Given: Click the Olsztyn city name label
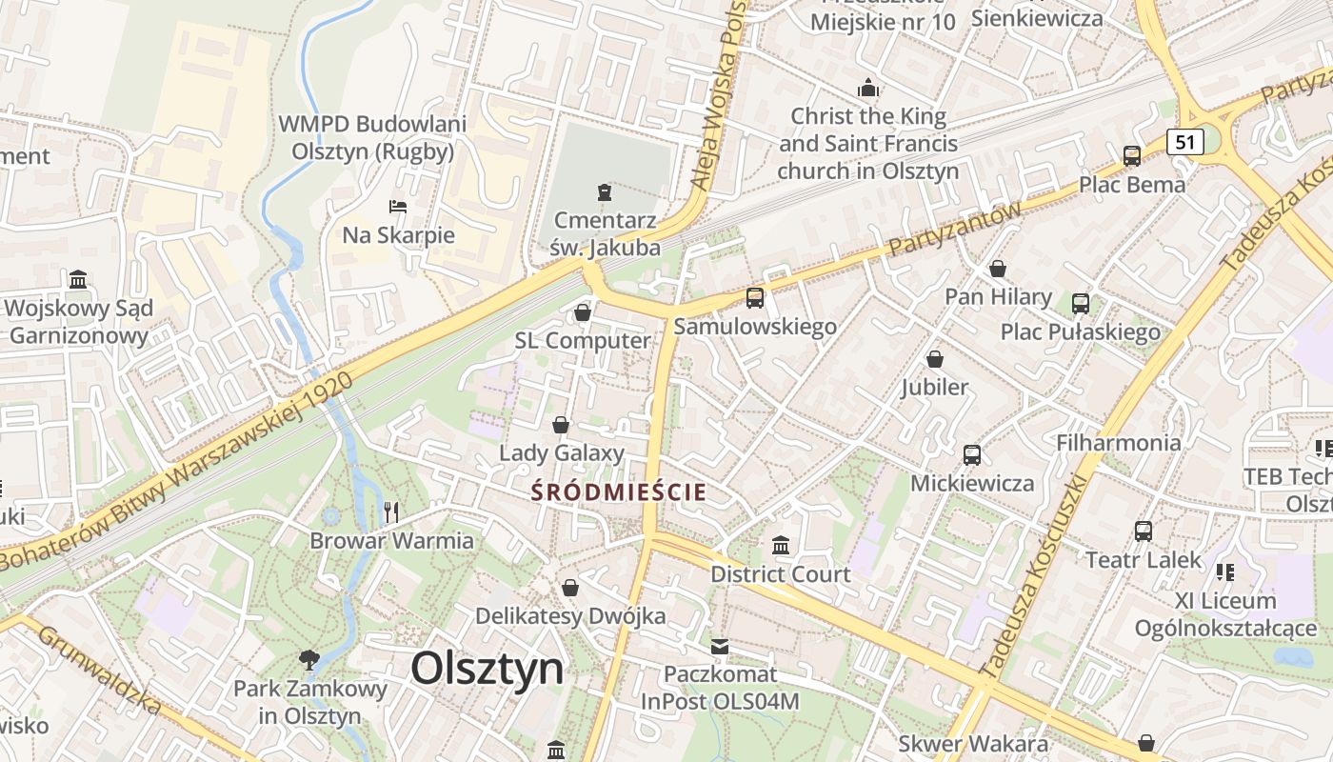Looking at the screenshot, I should coord(487,669).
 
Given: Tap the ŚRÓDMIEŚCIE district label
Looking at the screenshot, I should coord(619,492).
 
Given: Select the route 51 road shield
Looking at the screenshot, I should coord(1184,142).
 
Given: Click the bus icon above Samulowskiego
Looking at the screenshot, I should coord(755,298).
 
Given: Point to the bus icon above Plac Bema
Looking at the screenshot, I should coord(1132,156).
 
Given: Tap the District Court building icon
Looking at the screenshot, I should coord(781,546).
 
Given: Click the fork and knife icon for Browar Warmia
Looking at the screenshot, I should coord(391,512).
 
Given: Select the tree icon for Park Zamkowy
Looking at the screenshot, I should coord(308,659).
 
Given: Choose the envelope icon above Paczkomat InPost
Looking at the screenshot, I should coord(720,647).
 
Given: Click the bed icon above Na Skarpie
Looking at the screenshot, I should coord(398,207).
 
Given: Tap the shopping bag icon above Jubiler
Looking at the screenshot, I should coord(935,359).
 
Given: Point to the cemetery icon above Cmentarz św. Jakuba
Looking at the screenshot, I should coord(604,192).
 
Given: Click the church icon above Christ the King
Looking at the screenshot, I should coord(868,89).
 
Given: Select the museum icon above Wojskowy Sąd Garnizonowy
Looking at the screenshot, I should coord(78,280).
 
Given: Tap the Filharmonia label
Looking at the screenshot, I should coord(1118,443).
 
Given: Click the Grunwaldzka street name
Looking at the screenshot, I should coord(99,671).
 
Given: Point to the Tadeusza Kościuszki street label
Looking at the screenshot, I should coord(1039,571).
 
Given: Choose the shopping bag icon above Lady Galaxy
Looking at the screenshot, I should coord(561,425).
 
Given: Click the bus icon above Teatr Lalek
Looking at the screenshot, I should coord(1144,531).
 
